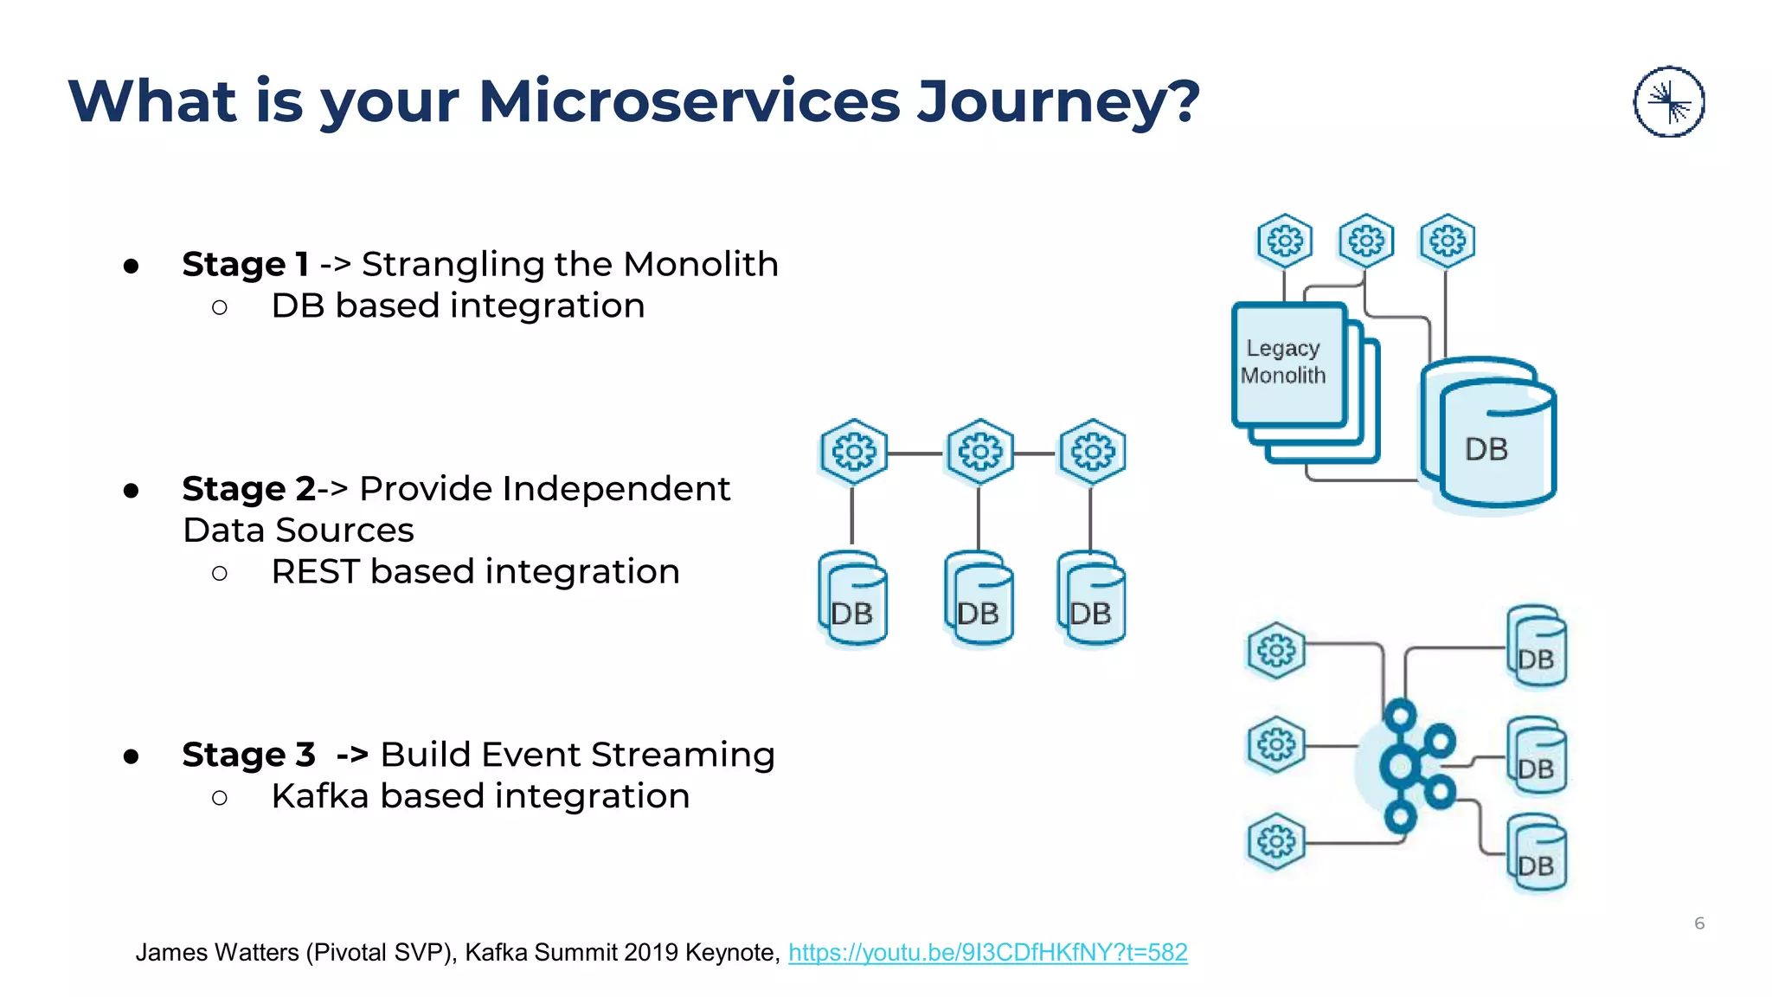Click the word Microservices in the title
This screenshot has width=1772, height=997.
[x=689, y=102]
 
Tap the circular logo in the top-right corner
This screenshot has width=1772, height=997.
[x=1668, y=102]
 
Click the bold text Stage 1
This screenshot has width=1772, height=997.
[x=245, y=264]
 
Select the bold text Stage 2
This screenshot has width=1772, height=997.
[x=248, y=489]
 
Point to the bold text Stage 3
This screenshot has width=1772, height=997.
[x=248, y=755]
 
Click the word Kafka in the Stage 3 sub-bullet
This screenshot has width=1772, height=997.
[x=319, y=796]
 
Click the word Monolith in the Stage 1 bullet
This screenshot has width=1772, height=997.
[x=700, y=264]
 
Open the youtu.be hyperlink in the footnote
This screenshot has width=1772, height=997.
[x=987, y=953]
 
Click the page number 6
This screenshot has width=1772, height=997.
[x=1698, y=923]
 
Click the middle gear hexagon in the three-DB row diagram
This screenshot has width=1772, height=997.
[x=979, y=452]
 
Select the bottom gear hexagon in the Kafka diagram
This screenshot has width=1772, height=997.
[x=1275, y=841]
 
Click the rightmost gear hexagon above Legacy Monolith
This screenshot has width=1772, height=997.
[x=1447, y=241]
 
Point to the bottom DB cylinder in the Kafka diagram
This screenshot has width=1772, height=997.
[x=1538, y=855]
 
